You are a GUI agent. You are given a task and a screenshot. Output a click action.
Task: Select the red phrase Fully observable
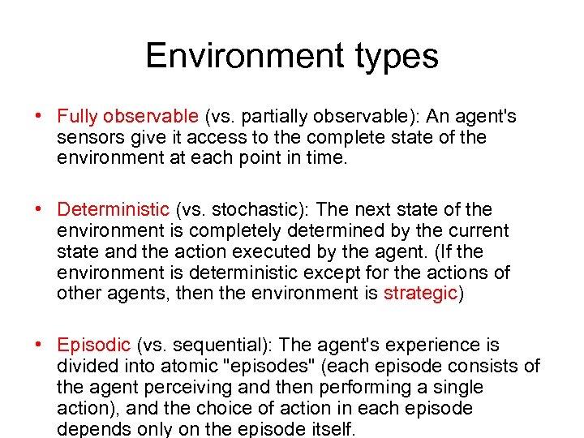coord(127,117)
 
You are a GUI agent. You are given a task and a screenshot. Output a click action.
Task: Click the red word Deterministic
coord(113,210)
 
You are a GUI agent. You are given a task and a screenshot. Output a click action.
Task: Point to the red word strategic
coord(421,294)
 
